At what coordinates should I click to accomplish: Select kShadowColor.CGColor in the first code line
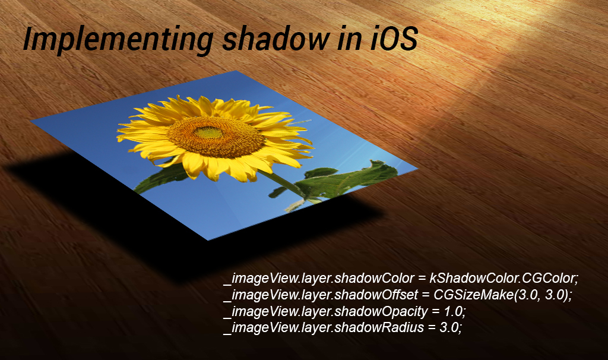pyautogui.click(x=504, y=278)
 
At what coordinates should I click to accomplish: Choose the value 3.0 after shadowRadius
pyautogui.click(x=451, y=327)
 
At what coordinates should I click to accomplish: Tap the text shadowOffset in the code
pyautogui.click(x=376, y=295)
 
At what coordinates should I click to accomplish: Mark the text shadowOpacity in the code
pyautogui.click(x=381, y=311)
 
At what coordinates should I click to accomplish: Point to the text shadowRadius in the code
pyautogui.click(x=379, y=327)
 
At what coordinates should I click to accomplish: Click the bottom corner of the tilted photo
pyautogui.click(x=208, y=241)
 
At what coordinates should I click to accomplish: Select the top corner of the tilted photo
pyautogui.click(x=236, y=71)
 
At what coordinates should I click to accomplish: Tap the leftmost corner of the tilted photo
pyautogui.click(x=31, y=121)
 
